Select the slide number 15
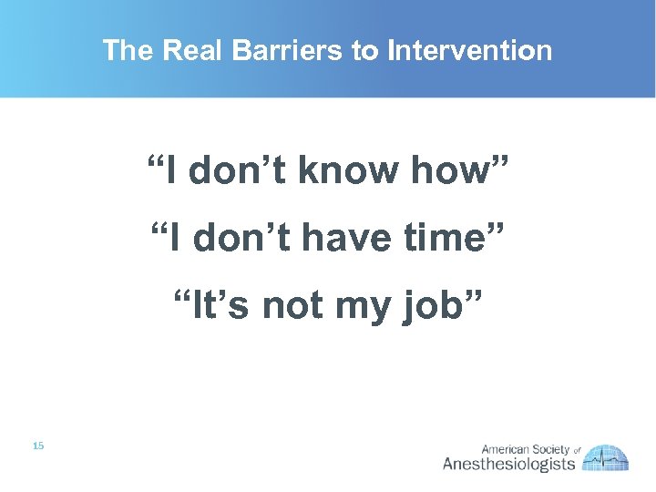(37, 446)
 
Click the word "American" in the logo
(506, 449)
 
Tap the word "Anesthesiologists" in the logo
(508, 465)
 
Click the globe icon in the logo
(606, 458)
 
